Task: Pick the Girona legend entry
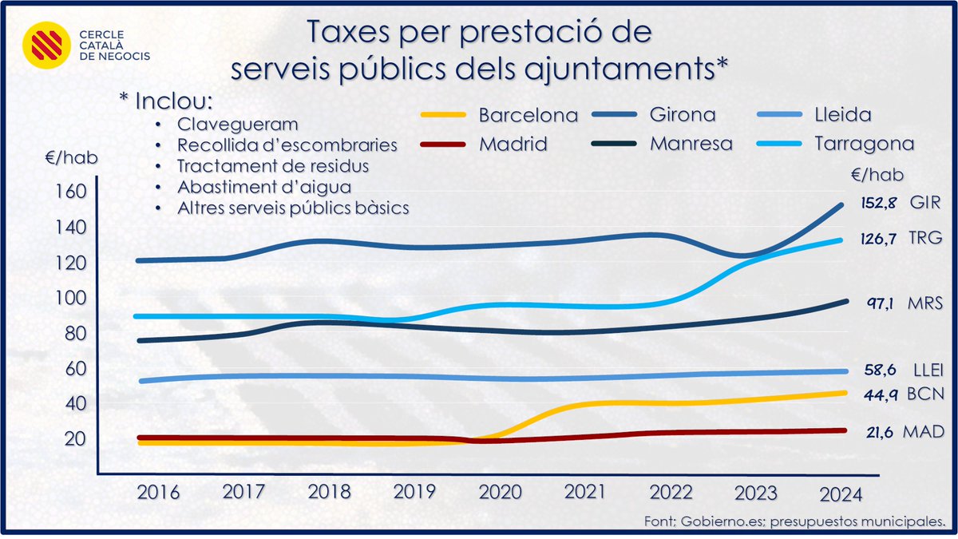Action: click(682, 115)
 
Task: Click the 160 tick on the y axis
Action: click(70, 192)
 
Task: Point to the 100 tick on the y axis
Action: click(70, 298)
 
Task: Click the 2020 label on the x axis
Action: click(501, 493)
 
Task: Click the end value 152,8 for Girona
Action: click(880, 203)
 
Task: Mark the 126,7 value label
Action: click(880, 239)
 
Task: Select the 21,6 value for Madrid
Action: click(880, 432)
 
